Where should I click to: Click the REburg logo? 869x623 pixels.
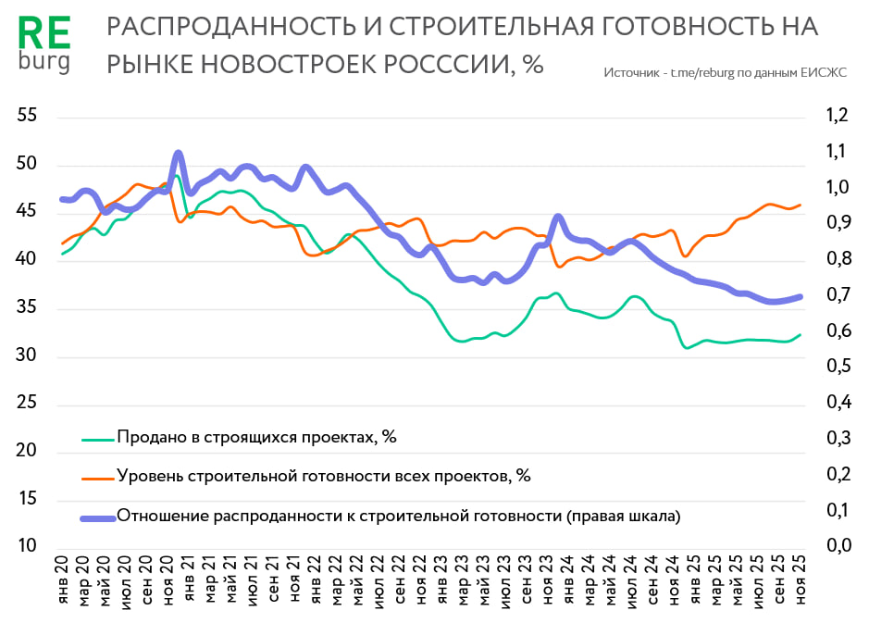coord(43,44)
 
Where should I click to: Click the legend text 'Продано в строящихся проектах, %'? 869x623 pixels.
coord(256,437)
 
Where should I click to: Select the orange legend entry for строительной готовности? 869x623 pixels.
coord(323,476)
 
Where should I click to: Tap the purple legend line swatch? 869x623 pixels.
coord(97,517)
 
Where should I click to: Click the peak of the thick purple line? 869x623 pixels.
coord(178,154)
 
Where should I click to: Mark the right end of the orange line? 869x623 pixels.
coord(801,205)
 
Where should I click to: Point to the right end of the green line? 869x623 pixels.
coord(801,334)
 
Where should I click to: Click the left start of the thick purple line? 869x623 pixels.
coord(62,199)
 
